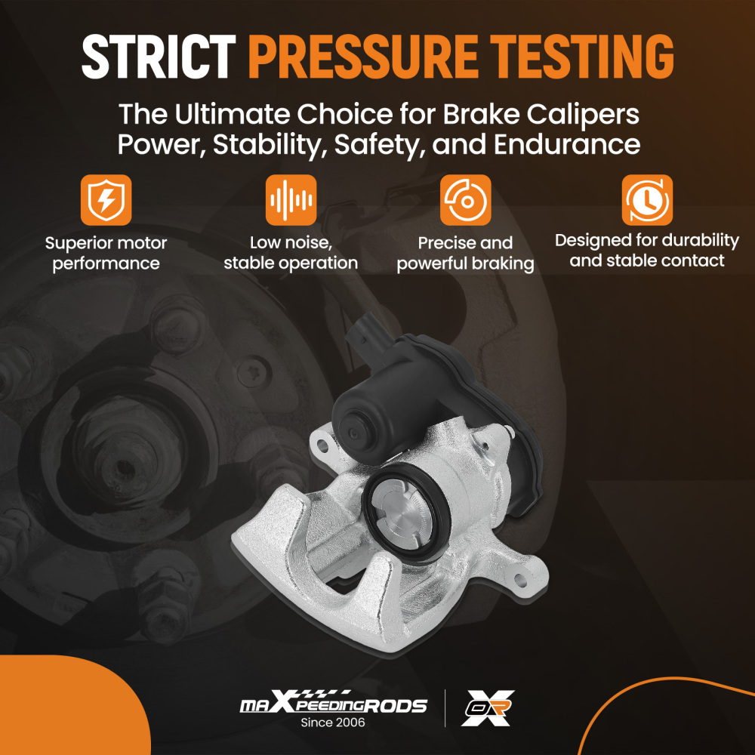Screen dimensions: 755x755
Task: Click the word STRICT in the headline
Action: click(159, 57)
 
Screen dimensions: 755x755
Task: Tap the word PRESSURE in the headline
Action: click(364, 57)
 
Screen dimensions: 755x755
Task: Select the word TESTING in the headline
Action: click(582, 57)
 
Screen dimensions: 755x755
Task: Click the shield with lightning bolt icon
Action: click(106, 200)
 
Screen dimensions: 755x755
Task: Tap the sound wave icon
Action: click(291, 200)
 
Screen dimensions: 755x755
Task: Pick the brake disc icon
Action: click(466, 200)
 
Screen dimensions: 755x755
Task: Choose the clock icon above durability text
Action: click(647, 200)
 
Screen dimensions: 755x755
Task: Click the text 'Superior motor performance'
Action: click(106, 253)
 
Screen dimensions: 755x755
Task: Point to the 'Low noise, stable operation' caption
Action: click(291, 253)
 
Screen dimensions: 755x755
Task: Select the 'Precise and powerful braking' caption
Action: click(466, 253)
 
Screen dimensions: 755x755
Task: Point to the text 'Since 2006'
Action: click(333, 723)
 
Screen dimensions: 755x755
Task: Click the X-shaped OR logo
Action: click(488, 708)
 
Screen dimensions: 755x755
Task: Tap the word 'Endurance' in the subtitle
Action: click(567, 144)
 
